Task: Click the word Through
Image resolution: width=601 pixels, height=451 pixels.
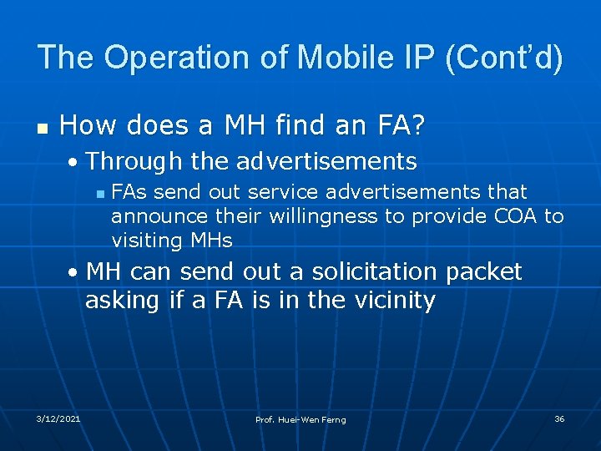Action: coord(135,160)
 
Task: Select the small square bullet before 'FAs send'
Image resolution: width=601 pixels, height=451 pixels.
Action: coord(99,193)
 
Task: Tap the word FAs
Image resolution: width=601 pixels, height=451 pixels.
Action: coord(129,192)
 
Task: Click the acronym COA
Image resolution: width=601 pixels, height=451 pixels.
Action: coord(516,216)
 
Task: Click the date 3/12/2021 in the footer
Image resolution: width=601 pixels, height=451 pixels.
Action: coord(58,418)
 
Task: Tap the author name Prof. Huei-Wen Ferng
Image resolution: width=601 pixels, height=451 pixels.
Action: coord(300,419)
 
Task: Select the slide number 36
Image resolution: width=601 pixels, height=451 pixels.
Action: coord(559,418)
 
